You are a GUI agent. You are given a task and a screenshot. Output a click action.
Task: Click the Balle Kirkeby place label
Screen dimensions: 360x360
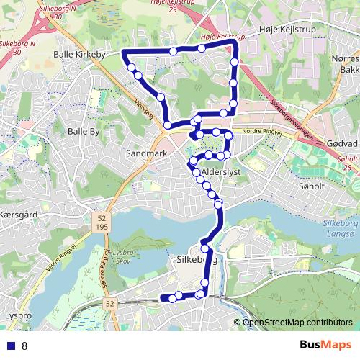[80, 54]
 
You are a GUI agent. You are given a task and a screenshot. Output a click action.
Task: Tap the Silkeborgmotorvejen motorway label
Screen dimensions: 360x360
[287, 119]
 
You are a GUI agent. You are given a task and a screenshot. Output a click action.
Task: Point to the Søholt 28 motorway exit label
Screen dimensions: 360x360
[348, 163]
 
